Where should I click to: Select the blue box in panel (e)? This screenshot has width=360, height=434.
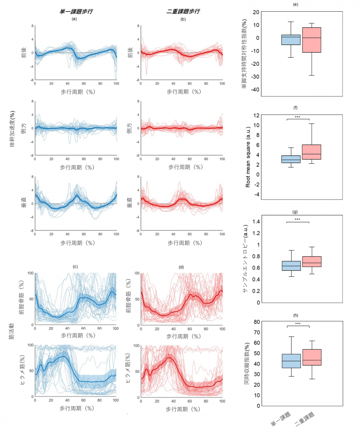(291, 39)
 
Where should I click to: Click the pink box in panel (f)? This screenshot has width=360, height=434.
(311, 152)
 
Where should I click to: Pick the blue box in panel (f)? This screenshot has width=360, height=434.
(291, 159)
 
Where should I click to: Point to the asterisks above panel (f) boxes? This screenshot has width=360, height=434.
(298, 117)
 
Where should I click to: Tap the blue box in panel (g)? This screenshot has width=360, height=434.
(291, 266)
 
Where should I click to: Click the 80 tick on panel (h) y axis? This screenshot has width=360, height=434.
(257, 322)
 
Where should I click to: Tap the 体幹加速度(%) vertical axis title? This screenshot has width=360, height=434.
(13, 129)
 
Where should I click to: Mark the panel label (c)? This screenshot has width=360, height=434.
(75, 267)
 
